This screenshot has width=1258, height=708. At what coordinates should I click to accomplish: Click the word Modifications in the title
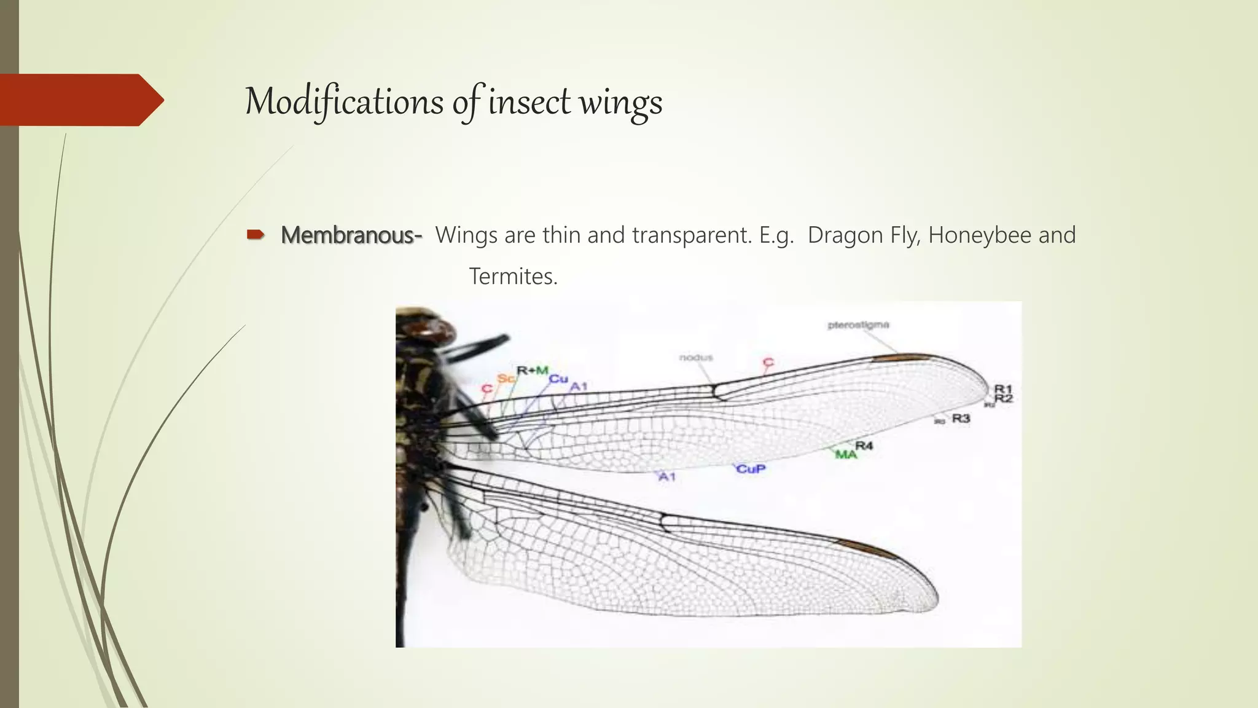pyautogui.click(x=343, y=101)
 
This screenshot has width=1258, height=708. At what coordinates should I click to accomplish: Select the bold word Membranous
pyautogui.click(x=351, y=235)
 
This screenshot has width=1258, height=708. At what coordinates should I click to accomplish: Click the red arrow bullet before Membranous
pyautogui.click(x=255, y=234)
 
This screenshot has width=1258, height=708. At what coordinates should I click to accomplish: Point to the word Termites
pyautogui.click(x=513, y=277)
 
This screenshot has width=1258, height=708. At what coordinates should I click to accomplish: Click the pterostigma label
pyautogui.click(x=858, y=325)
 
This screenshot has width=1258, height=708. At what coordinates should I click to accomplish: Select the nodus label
pyautogui.click(x=696, y=358)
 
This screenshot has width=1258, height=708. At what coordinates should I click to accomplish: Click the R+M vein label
pyautogui.click(x=532, y=370)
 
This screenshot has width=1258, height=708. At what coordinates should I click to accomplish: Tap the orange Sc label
pyautogui.click(x=506, y=379)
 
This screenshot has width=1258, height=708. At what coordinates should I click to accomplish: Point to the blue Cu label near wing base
pyautogui.click(x=558, y=379)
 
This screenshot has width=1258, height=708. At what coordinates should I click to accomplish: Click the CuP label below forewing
pyautogui.click(x=751, y=469)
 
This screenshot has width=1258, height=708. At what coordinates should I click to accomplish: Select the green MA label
pyautogui.click(x=846, y=455)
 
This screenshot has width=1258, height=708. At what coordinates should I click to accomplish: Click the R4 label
pyautogui.click(x=864, y=445)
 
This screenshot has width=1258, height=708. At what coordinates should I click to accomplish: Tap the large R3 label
pyautogui.click(x=961, y=419)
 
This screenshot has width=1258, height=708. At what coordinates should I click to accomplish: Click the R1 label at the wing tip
pyautogui.click(x=1002, y=388)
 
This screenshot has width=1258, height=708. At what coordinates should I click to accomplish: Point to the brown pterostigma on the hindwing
pyautogui.click(x=860, y=547)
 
